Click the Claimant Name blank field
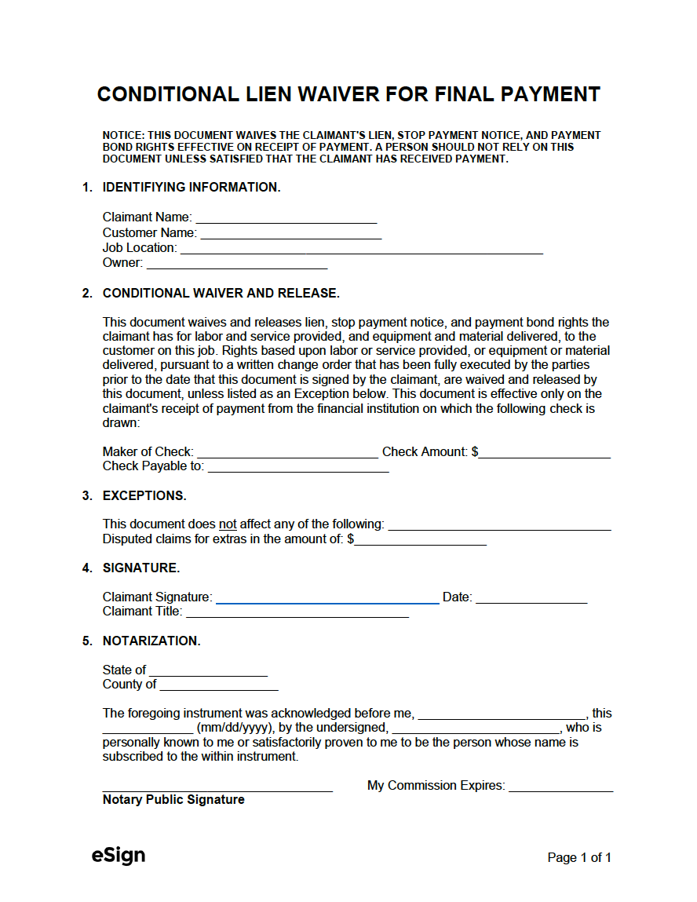pyautogui.click(x=286, y=218)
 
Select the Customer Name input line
pyautogui.click(x=290, y=233)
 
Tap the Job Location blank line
pyautogui.click(x=361, y=249)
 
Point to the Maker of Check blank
pyautogui.click(x=287, y=452)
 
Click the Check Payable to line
pyautogui.click(x=298, y=467)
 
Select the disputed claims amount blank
pyautogui.click(x=420, y=540)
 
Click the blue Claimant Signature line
pyautogui.click(x=327, y=598)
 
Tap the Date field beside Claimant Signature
pyautogui.click(x=531, y=598)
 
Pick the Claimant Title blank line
pyautogui.click(x=297, y=612)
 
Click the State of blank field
pyautogui.click(x=208, y=671)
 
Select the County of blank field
pyautogui.click(x=219, y=685)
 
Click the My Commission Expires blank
pyautogui.click(x=560, y=787)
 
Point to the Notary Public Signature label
pyautogui.click(x=173, y=800)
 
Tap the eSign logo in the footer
pyautogui.click(x=119, y=856)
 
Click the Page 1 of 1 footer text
pyautogui.click(x=579, y=858)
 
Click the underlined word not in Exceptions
pyautogui.click(x=227, y=524)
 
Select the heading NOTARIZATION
pyautogui.click(x=151, y=641)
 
